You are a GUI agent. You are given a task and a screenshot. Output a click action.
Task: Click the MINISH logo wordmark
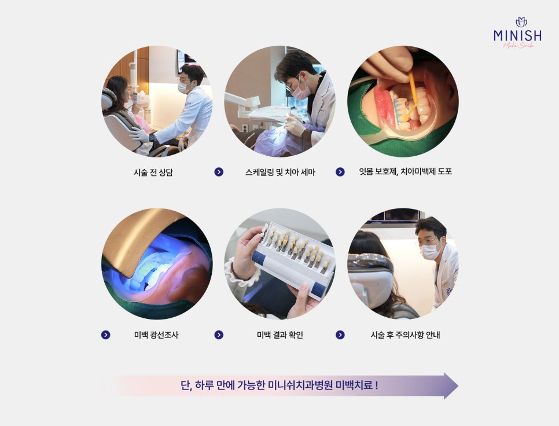pos(518,35)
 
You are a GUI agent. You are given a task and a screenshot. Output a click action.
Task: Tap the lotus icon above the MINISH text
pos(521,22)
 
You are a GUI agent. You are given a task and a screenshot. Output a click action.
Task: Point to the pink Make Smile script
pos(518,45)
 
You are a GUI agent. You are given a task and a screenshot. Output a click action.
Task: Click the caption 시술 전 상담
pos(153,172)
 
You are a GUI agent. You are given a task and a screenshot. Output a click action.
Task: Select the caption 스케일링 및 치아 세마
pos(280,172)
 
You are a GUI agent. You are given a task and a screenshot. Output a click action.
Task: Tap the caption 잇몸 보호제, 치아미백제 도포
pos(405,171)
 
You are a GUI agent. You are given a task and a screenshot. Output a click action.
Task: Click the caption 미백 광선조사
pos(156,335)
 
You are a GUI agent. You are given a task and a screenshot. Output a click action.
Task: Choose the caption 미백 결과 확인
pos(280,335)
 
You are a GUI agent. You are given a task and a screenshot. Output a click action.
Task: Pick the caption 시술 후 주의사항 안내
pos(405,335)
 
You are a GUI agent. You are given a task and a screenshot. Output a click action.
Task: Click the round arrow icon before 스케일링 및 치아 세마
pos(219,172)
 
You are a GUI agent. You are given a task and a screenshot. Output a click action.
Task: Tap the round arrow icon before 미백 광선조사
pos(105,335)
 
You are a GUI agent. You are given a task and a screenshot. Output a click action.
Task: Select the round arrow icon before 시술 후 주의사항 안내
pos(340,335)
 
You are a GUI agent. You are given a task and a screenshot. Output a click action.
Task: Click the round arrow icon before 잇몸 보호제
pos(340,172)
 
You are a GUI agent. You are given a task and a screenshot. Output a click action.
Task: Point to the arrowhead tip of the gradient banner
pos(458,385)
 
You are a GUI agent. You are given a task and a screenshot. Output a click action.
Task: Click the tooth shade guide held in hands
pos(294,259)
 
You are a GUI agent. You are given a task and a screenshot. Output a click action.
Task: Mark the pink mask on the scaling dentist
pos(300,90)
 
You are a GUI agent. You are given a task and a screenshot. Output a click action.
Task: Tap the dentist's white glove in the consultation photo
pos(139,134)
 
